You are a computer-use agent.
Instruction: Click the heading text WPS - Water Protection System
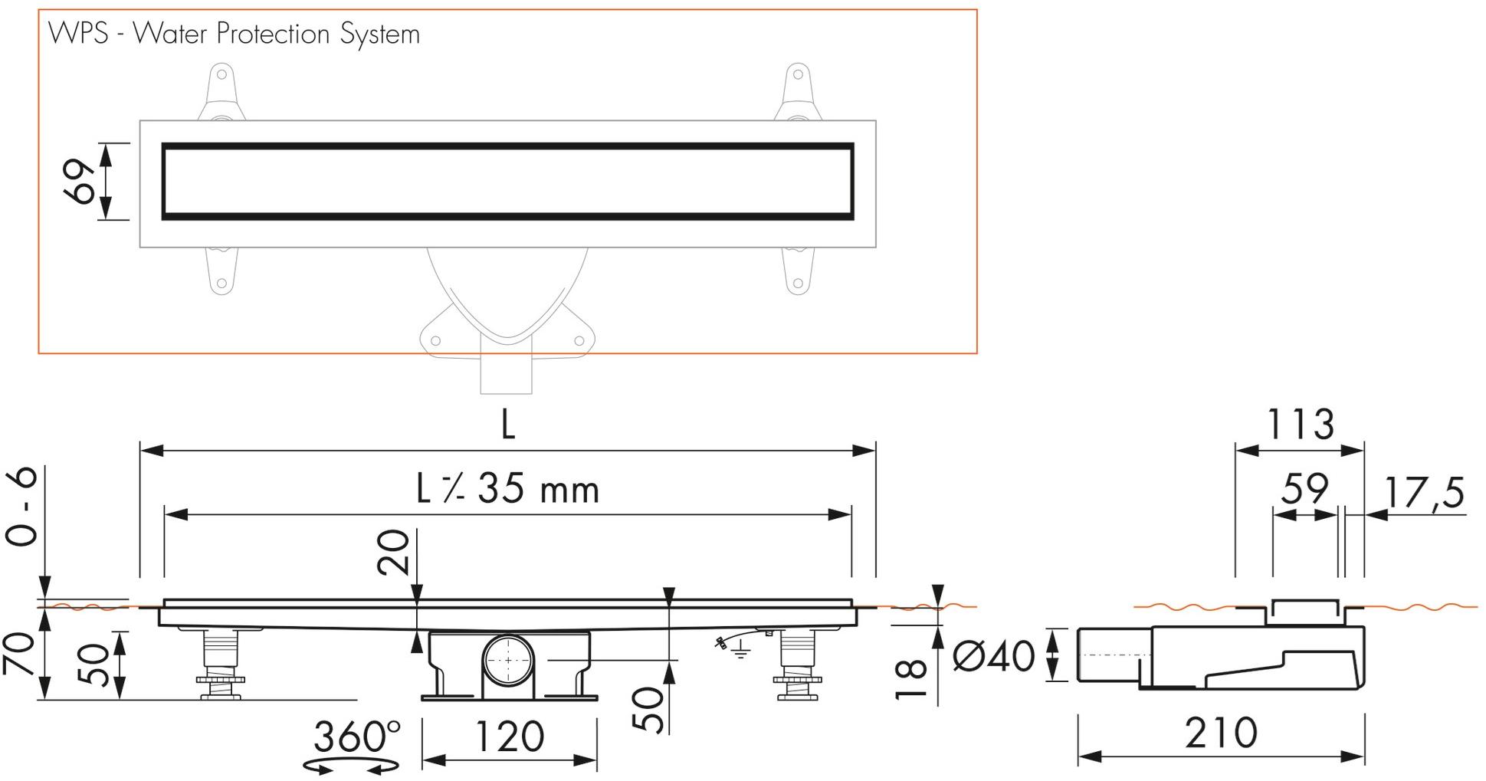tap(234, 34)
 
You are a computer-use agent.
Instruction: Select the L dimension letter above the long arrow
tap(507, 424)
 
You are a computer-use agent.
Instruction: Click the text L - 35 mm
tap(507, 489)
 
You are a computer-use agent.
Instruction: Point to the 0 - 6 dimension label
tap(23, 507)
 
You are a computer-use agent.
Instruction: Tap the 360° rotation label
tap(356, 737)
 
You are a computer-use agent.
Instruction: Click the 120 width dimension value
tap(510, 737)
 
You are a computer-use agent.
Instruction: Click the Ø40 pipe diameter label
tap(993, 656)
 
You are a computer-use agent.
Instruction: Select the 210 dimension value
tap(1221, 733)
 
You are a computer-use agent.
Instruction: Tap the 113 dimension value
tap(1300, 425)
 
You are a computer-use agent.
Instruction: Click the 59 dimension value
tap(1305, 489)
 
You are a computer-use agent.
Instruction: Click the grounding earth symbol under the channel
tap(738, 652)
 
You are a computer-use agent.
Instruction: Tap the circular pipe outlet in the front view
tap(507, 661)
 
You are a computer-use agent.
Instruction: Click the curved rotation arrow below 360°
tap(351, 766)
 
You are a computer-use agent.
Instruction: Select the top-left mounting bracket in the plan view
tap(221, 93)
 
